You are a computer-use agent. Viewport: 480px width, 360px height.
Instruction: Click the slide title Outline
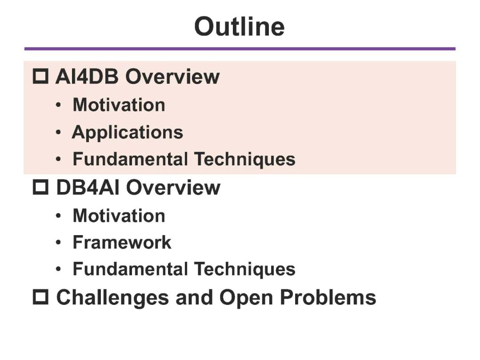pyautogui.click(x=240, y=26)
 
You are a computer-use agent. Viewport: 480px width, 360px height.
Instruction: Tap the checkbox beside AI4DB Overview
pyautogui.click(x=41, y=76)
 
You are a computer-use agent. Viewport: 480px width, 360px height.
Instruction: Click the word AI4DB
pyautogui.click(x=87, y=76)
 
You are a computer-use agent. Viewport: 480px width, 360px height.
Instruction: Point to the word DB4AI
pyautogui.click(x=88, y=187)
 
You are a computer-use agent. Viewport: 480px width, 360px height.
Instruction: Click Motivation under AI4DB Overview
pyautogui.click(x=119, y=105)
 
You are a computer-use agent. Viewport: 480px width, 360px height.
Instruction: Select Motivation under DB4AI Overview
pyautogui.click(x=119, y=216)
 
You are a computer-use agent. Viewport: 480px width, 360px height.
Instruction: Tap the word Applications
pyautogui.click(x=128, y=132)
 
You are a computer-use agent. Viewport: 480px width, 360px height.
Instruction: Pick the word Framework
pyautogui.click(x=122, y=242)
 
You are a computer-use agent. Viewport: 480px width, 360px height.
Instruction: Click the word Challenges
pyautogui.click(x=112, y=297)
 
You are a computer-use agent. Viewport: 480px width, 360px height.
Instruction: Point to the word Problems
pyautogui.click(x=328, y=297)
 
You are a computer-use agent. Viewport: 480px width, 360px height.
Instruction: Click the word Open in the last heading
pyautogui.click(x=246, y=297)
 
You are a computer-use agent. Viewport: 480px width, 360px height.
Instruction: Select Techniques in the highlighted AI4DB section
pyautogui.click(x=245, y=159)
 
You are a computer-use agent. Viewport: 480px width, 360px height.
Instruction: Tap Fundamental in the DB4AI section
pyautogui.click(x=130, y=269)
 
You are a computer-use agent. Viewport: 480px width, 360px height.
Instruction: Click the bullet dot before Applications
pyautogui.click(x=59, y=132)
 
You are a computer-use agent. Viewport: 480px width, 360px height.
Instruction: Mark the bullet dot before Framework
pyautogui.click(x=59, y=243)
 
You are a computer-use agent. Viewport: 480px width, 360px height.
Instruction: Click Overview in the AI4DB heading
pyautogui.click(x=172, y=76)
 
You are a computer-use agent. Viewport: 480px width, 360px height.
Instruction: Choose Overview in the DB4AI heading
pyautogui.click(x=173, y=187)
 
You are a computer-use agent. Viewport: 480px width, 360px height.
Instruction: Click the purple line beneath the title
pyautogui.click(x=240, y=49)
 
